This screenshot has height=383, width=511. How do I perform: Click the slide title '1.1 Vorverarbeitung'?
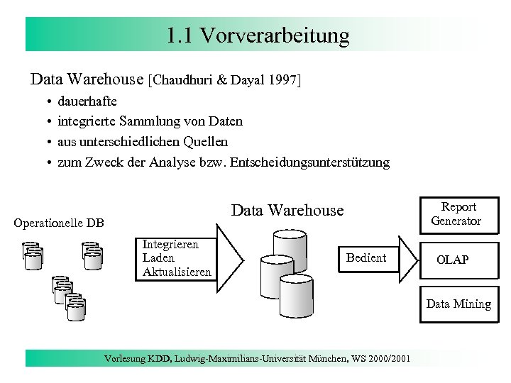(x=258, y=35)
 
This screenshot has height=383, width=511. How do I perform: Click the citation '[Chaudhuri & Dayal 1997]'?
(x=225, y=80)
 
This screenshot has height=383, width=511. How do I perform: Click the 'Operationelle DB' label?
(x=59, y=223)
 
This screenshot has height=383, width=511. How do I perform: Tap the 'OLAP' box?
(x=452, y=260)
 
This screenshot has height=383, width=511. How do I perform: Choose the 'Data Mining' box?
(x=458, y=304)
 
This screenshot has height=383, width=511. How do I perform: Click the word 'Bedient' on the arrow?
(x=366, y=257)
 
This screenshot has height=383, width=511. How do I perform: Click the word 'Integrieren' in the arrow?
(x=170, y=244)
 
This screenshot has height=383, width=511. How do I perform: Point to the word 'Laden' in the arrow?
(x=158, y=258)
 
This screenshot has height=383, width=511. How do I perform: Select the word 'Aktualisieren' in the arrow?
(x=177, y=272)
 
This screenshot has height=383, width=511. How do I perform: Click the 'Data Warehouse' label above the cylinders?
(x=287, y=211)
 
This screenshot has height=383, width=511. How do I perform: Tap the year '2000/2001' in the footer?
(x=386, y=358)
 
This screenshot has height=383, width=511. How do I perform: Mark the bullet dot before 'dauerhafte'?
(x=48, y=101)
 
